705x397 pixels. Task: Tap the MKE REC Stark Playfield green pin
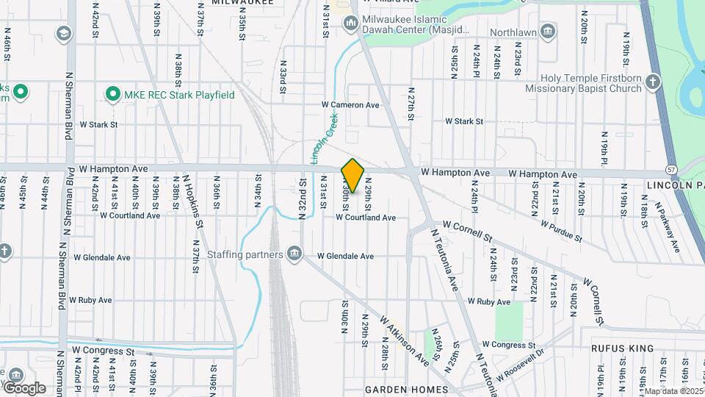112,94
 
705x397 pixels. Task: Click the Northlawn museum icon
547,32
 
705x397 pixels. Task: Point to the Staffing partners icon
294,254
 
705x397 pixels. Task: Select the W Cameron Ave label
350,105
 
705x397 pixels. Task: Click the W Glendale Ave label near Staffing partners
345,257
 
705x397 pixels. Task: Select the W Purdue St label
561,231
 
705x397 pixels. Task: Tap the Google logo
23,387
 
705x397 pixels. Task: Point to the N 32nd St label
302,198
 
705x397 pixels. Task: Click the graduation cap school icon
64,34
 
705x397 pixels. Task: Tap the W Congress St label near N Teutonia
508,344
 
